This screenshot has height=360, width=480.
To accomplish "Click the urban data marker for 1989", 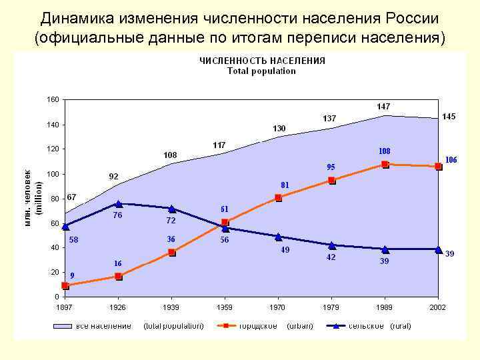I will [385, 164].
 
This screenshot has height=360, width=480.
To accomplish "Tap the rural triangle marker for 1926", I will [119, 204].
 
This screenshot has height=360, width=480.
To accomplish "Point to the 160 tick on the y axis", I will [53, 99].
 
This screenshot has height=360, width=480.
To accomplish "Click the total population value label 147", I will [383, 107].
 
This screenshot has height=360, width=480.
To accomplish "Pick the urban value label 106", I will [451, 160].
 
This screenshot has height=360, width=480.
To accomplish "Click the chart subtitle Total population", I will [261, 71].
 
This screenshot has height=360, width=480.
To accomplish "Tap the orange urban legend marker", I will [226, 326].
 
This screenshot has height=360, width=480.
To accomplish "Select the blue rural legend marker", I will [337, 326].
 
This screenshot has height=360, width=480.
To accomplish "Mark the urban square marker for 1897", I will [65, 285].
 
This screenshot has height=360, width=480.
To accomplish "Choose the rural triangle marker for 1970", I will [278, 236].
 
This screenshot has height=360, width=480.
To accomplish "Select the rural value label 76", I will [118, 216].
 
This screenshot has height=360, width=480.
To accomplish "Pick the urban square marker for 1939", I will [172, 252].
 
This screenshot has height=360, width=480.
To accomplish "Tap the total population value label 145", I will [449, 117].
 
